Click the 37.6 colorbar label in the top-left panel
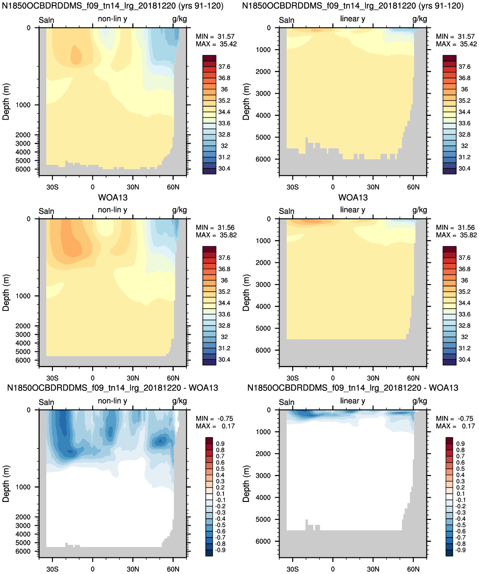(224, 67)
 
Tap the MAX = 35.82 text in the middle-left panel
(216, 235)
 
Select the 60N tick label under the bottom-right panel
(413, 569)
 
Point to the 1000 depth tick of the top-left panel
(23, 105)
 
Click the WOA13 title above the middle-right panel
(353, 198)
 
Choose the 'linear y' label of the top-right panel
(353, 19)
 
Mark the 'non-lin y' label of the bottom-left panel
(112, 401)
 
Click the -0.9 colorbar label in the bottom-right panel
(460, 550)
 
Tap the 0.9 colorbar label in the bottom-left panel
(220, 444)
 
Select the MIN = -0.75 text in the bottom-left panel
(214, 418)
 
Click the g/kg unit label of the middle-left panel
(179, 210)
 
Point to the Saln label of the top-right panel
(286, 20)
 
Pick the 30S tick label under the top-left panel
(52, 187)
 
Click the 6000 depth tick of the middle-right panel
(263, 350)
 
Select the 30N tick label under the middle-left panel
(133, 378)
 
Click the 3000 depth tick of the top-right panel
(263, 93)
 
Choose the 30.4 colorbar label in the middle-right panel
(464, 359)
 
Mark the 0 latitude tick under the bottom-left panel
(93, 569)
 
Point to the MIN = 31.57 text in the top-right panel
(456, 36)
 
